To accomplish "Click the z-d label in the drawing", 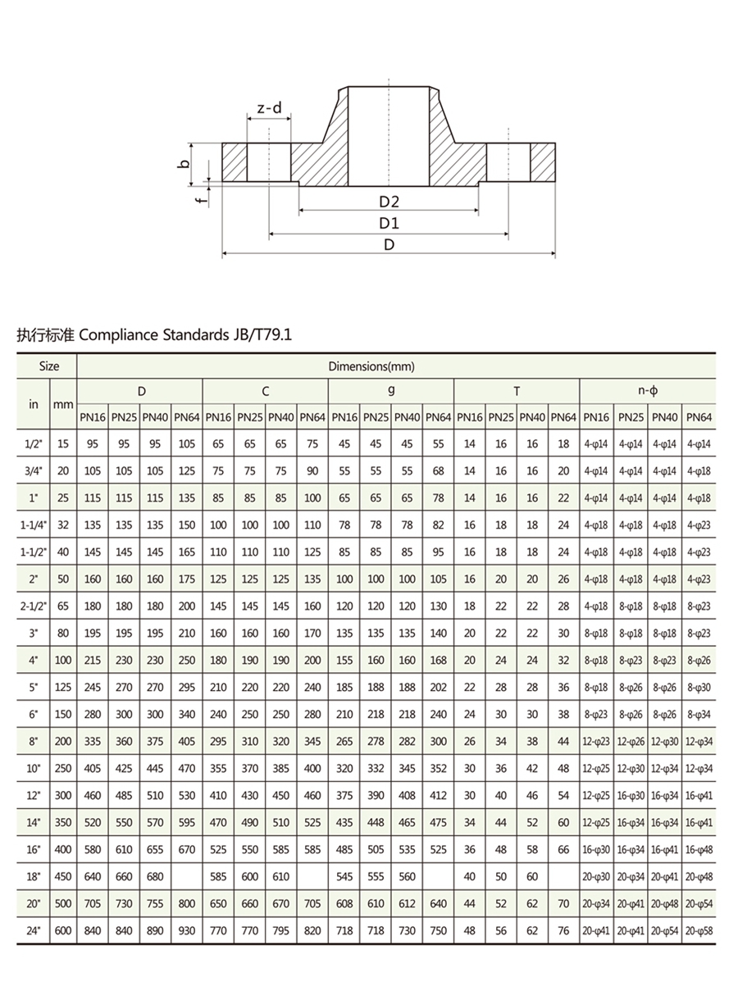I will tap(268, 108).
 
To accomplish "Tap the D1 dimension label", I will tap(389, 223).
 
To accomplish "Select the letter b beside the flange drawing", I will tap(185, 164).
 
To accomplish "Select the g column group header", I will tap(391, 392).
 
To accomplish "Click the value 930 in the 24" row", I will tap(187, 931).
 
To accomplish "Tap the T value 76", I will tap(563, 931).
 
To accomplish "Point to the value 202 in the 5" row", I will tap(439, 688).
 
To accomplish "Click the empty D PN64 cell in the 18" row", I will tap(187, 877).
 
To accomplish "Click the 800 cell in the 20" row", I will tap(187, 904).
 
